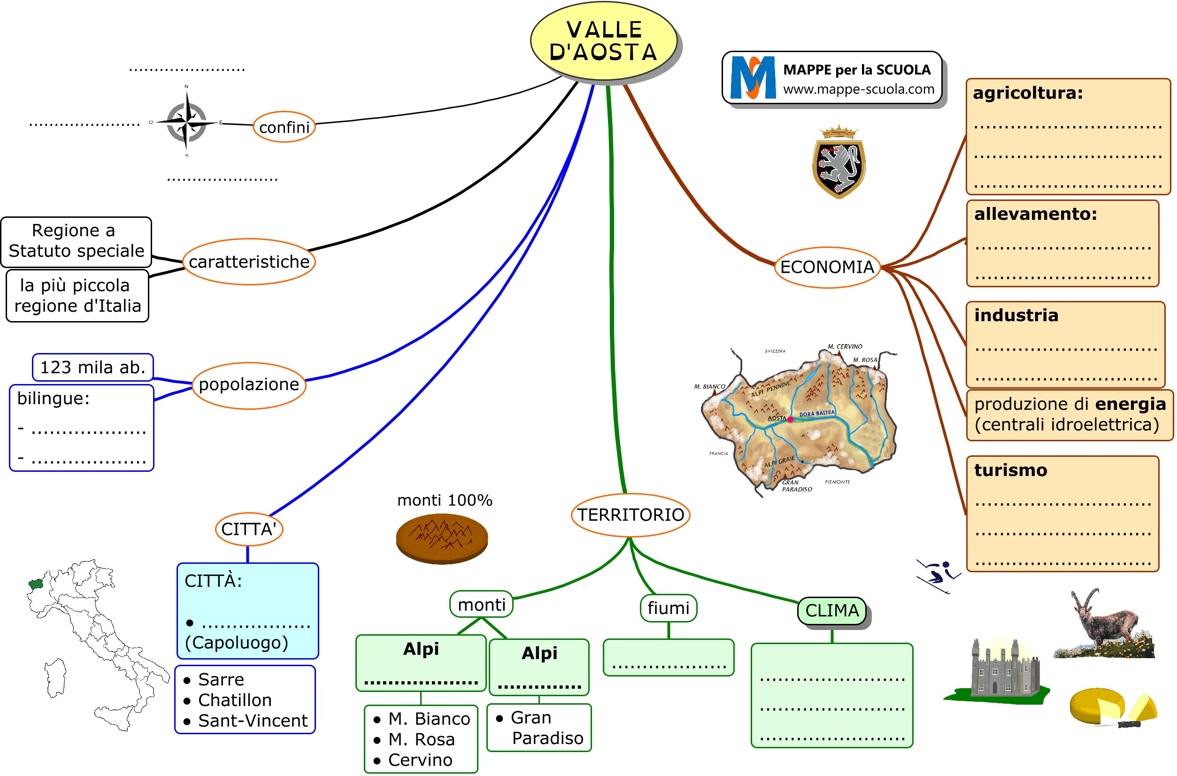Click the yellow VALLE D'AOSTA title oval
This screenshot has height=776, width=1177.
click(603, 40)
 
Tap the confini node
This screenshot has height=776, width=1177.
click(284, 127)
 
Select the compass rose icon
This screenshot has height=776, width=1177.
click(186, 121)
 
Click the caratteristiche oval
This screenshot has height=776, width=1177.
click(249, 262)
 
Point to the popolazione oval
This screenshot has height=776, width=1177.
click(248, 385)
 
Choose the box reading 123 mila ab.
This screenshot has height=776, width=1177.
click(92, 367)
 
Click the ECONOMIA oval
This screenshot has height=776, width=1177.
click(827, 267)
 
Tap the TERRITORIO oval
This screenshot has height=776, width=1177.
click(630, 515)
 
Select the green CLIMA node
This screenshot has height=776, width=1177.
click(832, 611)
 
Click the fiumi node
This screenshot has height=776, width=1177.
click(668, 608)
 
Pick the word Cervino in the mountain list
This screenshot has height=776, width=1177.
click(420, 760)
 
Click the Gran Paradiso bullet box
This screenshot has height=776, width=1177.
click(539, 728)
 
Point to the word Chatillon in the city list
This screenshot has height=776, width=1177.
click(235, 700)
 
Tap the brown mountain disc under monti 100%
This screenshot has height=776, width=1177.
click(441, 539)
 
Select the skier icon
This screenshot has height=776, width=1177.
click(938, 576)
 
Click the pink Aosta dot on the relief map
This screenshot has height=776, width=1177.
click(791, 420)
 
